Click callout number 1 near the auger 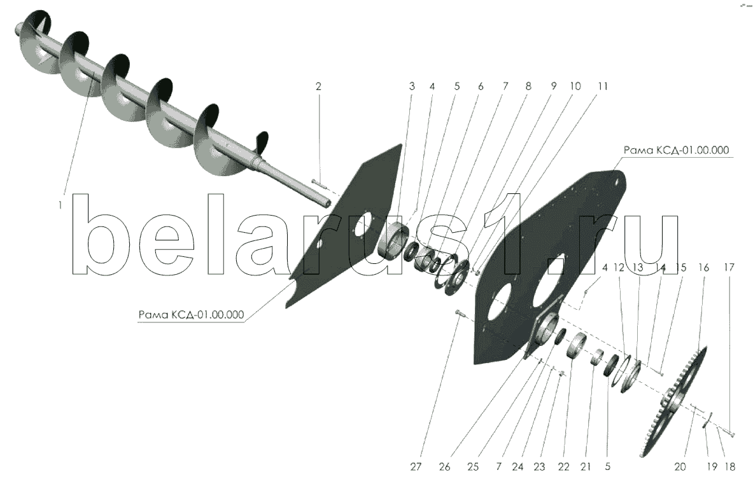(x=60, y=205)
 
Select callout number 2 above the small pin (x=318, y=86)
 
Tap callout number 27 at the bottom (x=416, y=466)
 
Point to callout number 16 (x=703, y=267)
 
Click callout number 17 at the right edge (x=729, y=267)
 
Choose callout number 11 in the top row (x=603, y=86)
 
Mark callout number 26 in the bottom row (x=445, y=466)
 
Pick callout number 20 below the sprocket (x=680, y=466)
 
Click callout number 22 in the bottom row (x=563, y=466)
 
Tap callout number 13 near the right (x=638, y=267)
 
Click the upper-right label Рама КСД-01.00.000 (x=676, y=150)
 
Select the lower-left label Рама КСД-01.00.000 (x=191, y=315)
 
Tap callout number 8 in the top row (x=528, y=86)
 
